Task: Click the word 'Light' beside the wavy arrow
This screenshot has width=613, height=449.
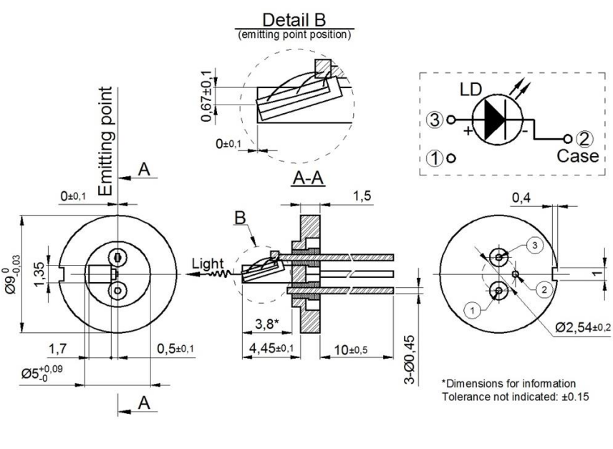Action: (x=206, y=264)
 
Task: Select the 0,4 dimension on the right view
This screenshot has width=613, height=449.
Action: (x=522, y=197)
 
